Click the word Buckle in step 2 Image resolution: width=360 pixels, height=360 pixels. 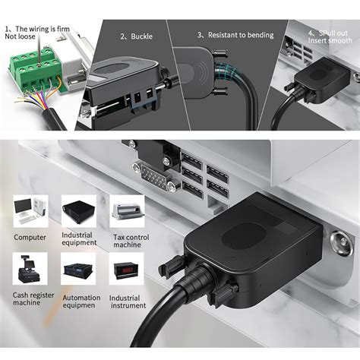[142, 36]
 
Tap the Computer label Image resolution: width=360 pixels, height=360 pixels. [30, 236]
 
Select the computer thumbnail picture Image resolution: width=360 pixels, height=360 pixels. [30, 210]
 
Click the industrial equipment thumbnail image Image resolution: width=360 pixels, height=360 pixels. [79, 211]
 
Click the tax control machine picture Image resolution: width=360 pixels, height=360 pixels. [126, 211]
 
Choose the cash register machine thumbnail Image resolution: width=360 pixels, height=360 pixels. [30, 268]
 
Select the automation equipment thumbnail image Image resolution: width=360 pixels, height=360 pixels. [79, 269]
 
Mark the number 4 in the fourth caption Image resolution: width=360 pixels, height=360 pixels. [311, 33]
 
